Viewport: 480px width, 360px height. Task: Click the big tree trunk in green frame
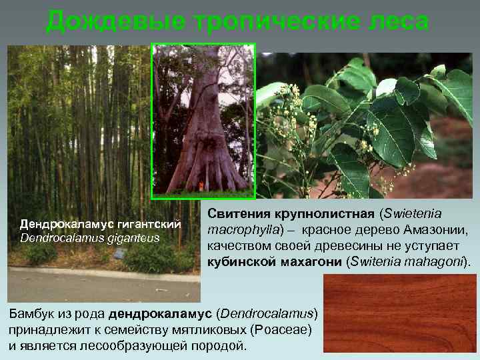203,133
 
